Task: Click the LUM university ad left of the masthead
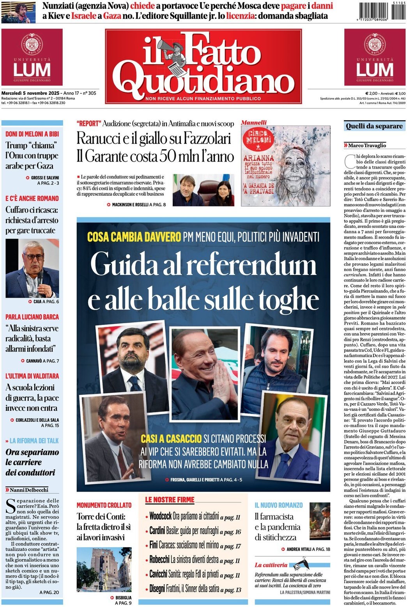pos(32,57)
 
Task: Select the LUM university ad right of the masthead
pos(375,57)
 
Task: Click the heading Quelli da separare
pos(374,126)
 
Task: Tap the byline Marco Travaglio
pos(367,146)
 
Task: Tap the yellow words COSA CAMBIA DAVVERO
pos(134,237)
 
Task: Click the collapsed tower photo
pos(103,570)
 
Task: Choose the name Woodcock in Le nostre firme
pos(160,516)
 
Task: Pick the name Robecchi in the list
pos(159,560)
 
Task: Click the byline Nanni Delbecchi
pos(29,490)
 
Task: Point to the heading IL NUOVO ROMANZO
pos(278,505)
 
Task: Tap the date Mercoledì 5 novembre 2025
pos(30,93)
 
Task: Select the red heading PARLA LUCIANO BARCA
pos(32,317)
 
